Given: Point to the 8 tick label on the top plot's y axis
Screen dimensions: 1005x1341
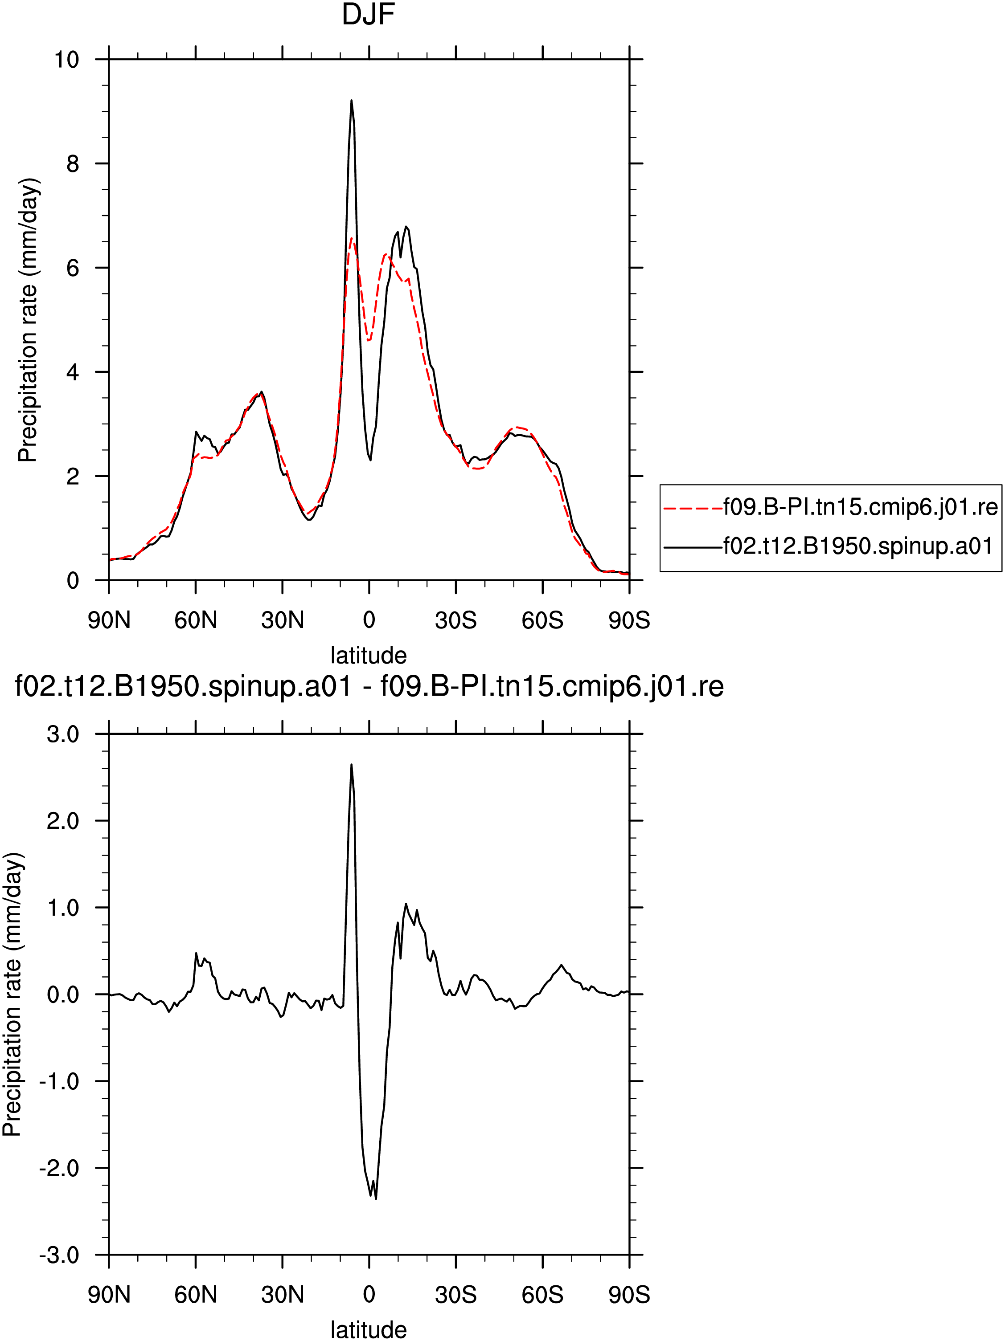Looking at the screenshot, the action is click(73, 164).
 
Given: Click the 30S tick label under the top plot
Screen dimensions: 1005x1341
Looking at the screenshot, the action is click(455, 620).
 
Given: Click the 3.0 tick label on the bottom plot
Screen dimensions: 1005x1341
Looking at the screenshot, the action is click(63, 734).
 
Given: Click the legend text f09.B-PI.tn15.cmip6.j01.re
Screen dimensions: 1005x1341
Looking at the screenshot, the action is click(860, 507).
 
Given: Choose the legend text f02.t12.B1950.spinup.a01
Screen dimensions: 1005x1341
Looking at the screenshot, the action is click(857, 547).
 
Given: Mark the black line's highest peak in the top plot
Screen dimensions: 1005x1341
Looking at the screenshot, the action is click(351, 101).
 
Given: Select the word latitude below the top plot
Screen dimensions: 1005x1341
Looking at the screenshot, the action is click(368, 655).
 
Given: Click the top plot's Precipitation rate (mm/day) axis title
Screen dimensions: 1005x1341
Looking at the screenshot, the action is click(28, 320).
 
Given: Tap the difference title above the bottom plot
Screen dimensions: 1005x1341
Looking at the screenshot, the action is click(369, 687).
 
